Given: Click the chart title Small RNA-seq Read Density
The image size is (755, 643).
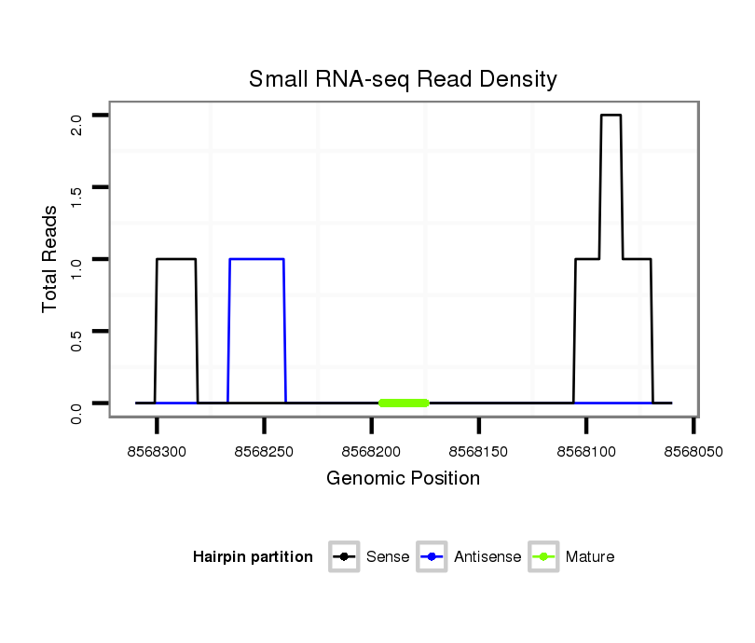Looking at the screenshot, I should (403, 79).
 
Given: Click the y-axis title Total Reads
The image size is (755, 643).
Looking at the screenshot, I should (52, 259).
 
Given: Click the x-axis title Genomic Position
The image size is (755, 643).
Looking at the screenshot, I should (403, 479).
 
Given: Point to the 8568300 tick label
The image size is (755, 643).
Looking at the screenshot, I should (158, 451).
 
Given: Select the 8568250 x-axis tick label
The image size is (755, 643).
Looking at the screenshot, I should (265, 451).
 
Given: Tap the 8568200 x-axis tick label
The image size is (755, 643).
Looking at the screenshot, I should (372, 451).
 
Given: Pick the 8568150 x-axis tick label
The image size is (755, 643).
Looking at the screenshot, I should (479, 451).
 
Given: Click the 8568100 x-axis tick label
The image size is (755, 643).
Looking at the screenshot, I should (586, 451).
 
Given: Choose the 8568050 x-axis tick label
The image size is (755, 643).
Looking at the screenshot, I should (693, 451).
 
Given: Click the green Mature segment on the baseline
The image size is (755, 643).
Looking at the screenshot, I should (404, 403).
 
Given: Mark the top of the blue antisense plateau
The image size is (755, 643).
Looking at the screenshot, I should (256, 259).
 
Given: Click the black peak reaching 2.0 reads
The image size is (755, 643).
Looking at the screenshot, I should (611, 116).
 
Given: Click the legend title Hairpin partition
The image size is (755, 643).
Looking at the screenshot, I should (253, 557).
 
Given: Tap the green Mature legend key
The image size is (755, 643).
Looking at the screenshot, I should (543, 557).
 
